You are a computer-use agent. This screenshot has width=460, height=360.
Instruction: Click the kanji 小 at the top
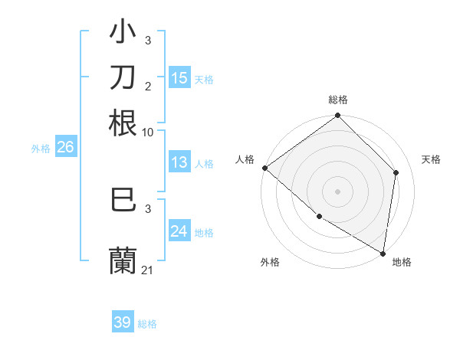[123, 32]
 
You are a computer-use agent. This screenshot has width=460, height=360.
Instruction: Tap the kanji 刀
[123, 77]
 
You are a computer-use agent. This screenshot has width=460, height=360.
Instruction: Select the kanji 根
[123, 123]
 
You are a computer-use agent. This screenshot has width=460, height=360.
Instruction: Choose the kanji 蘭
[123, 260]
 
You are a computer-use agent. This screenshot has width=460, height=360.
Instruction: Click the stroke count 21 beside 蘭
[147, 270]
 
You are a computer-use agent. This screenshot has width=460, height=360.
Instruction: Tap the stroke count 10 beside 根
[148, 132]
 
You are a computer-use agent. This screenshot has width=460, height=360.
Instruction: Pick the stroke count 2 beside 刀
[148, 87]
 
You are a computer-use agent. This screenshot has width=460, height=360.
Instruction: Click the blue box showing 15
[179, 77]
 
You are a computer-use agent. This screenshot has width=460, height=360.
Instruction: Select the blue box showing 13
[179, 162]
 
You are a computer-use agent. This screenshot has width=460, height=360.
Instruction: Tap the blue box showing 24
[179, 231]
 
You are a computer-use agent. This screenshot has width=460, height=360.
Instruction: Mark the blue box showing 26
[65, 148]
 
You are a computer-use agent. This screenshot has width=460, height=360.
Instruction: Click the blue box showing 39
[123, 322]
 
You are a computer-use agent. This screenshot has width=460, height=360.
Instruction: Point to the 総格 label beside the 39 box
[147, 324]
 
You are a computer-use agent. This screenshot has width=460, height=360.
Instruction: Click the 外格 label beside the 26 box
[41, 149]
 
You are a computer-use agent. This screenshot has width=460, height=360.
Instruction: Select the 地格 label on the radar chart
[402, 263]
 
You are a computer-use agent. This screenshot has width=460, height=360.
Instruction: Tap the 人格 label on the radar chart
[245, 159]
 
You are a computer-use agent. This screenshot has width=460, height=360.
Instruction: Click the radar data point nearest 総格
[337, 116]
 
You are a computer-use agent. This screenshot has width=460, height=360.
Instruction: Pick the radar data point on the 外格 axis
[319, 216]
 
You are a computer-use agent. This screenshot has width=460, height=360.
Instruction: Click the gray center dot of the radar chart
[337, 191]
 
